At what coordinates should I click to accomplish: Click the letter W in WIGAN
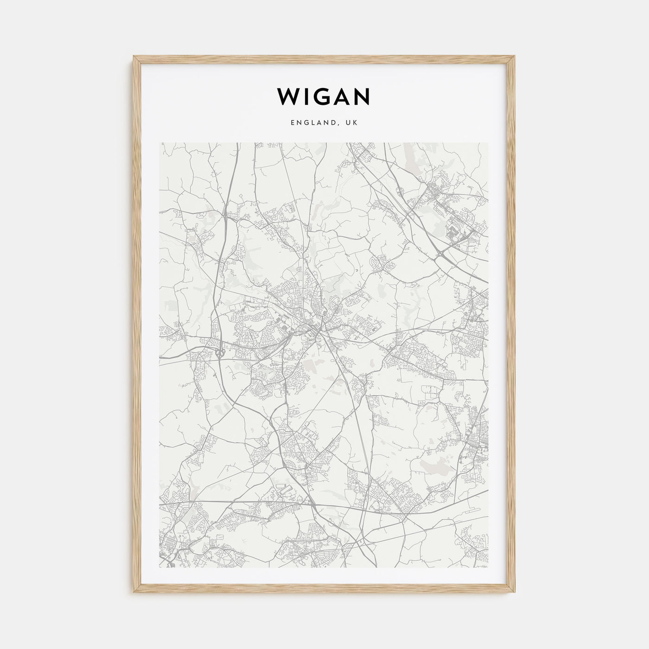pyautogui.click(x=289, y=96)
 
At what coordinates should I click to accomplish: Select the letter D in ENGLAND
pyautogui.click(x=338, y=123)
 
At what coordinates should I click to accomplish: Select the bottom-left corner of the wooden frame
pyautogui.click(x=134, y=594)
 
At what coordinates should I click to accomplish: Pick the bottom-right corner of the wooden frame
pyautogui.click(x=515, y=594)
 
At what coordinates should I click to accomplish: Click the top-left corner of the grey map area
pyautogui.click(x=159, y=143)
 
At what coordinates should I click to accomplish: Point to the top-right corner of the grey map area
pyautogui.click(x=489, y=143)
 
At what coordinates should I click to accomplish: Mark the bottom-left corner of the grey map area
pyautogui.click(x=159, y=568)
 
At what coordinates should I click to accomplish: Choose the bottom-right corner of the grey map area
pyautogui.click(x=489, y=568)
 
